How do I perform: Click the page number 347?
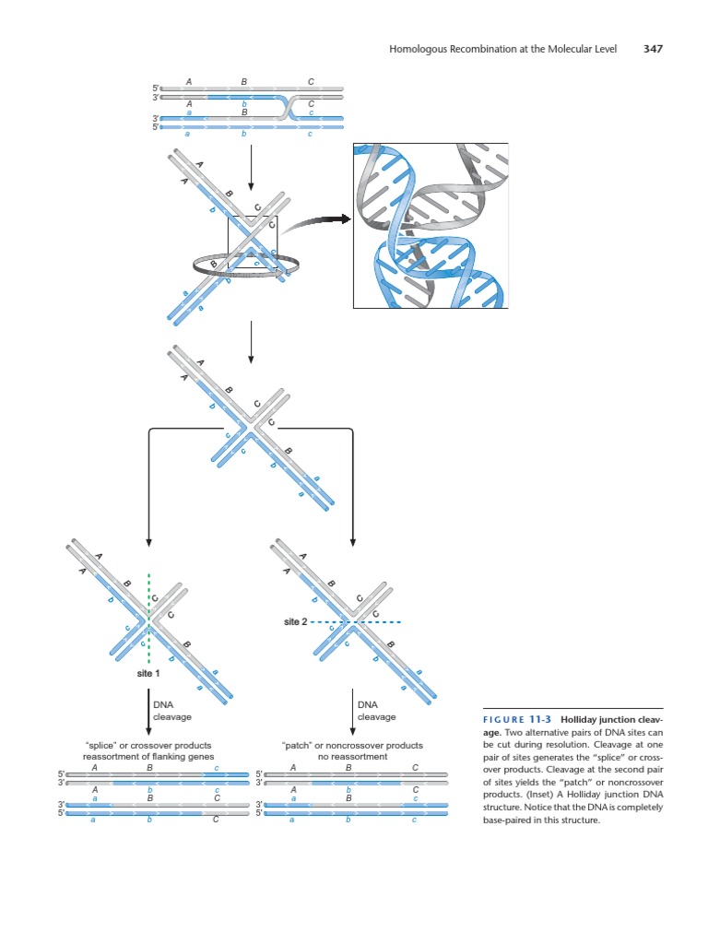point(653,49)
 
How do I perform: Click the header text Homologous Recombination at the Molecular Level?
point(506,49)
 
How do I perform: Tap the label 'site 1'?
point(149,674)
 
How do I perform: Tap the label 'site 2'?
point(295,622)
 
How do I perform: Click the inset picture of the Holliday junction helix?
point(431,226)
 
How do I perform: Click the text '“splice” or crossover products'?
point(149,745)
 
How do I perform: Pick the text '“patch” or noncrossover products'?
point(354,745)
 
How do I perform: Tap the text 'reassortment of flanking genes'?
point(149,756)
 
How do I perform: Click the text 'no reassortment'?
point(354,756)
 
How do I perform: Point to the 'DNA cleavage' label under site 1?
point(171,711)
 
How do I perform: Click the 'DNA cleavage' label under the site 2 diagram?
point(376,711)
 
